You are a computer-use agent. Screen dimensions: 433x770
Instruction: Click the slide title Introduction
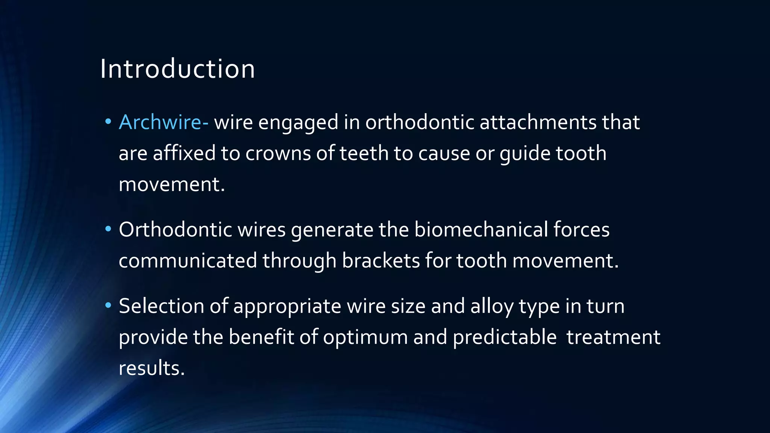(177, 69)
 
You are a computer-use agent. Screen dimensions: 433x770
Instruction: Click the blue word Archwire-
(164, 123)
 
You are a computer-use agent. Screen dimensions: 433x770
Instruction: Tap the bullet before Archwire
(108, 121)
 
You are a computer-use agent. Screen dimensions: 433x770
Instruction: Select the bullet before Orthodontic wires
(108, 229)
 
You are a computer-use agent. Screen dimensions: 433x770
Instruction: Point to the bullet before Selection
(108, 305)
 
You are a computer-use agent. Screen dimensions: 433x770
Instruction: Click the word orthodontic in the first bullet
(420, 123)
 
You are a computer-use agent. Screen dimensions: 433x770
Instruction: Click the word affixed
(184, 153)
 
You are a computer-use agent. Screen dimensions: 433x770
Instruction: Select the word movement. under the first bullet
(172, 185)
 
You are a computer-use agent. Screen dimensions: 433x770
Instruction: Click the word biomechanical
(481, 230)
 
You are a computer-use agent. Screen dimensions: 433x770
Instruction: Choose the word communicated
(188, 260)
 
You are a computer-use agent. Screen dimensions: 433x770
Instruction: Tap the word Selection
(161, 306)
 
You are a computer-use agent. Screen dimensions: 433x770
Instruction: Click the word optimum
(365, 337)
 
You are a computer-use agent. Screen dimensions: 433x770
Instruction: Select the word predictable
(505, 337)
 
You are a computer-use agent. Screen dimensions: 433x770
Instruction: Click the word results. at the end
(152, 368)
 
